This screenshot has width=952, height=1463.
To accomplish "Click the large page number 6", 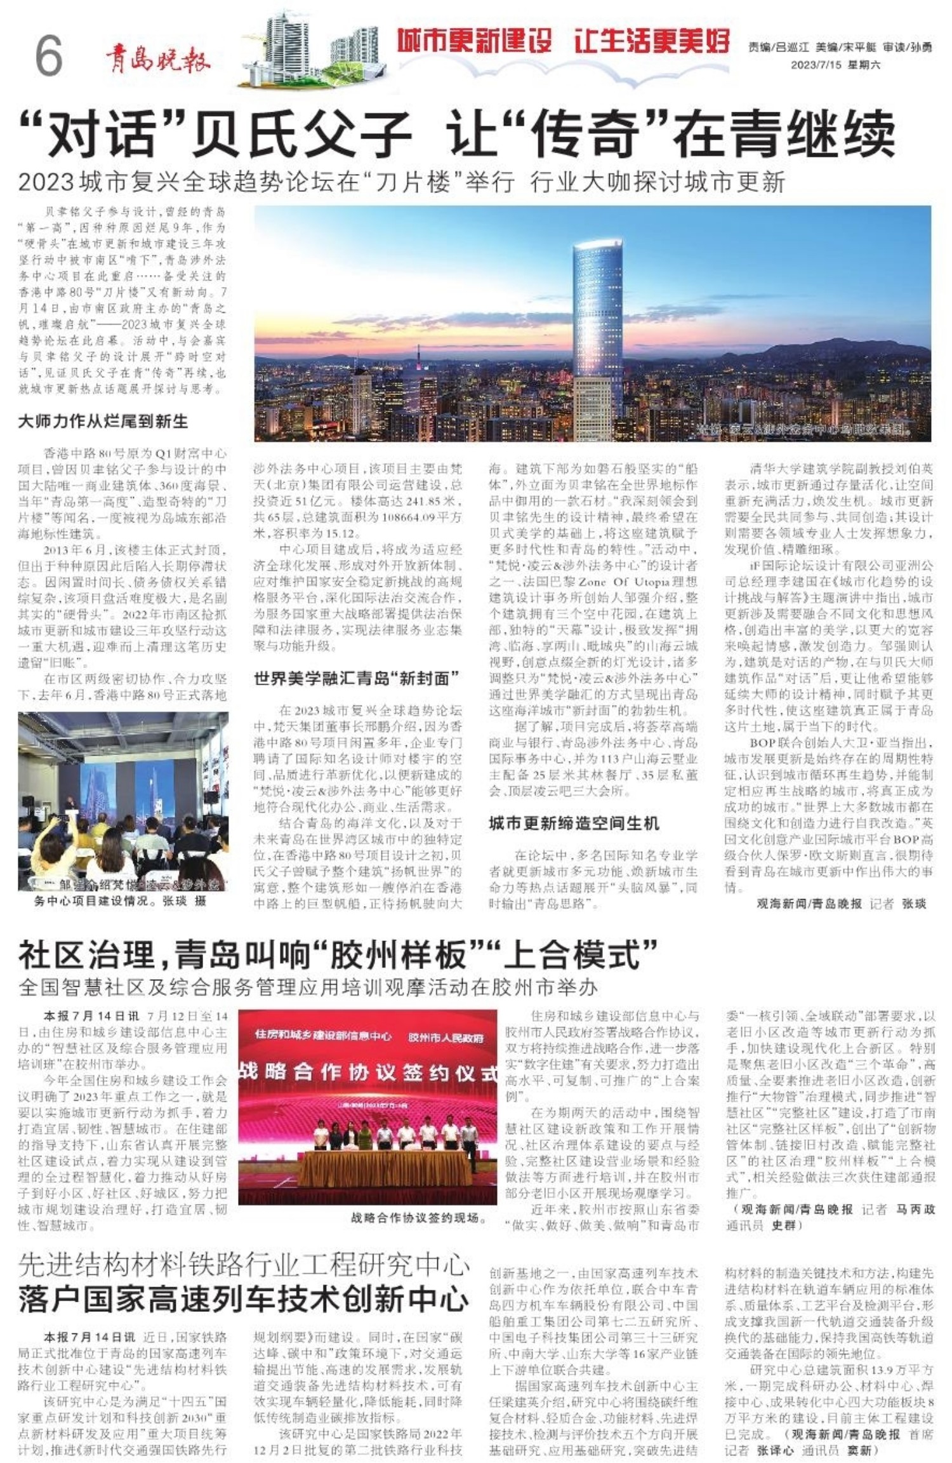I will (x=48, y=55).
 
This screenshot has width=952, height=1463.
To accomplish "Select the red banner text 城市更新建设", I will (x=475, y=42).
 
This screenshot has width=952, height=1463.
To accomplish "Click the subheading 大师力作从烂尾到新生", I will (x=103, y=421).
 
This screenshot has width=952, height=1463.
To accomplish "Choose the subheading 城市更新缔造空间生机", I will (x=574, y=824).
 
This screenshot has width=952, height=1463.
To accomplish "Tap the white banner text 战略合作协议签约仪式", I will (x=368, y=1072).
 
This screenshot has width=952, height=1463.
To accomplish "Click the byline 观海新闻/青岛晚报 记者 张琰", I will (x=841, y=904).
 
